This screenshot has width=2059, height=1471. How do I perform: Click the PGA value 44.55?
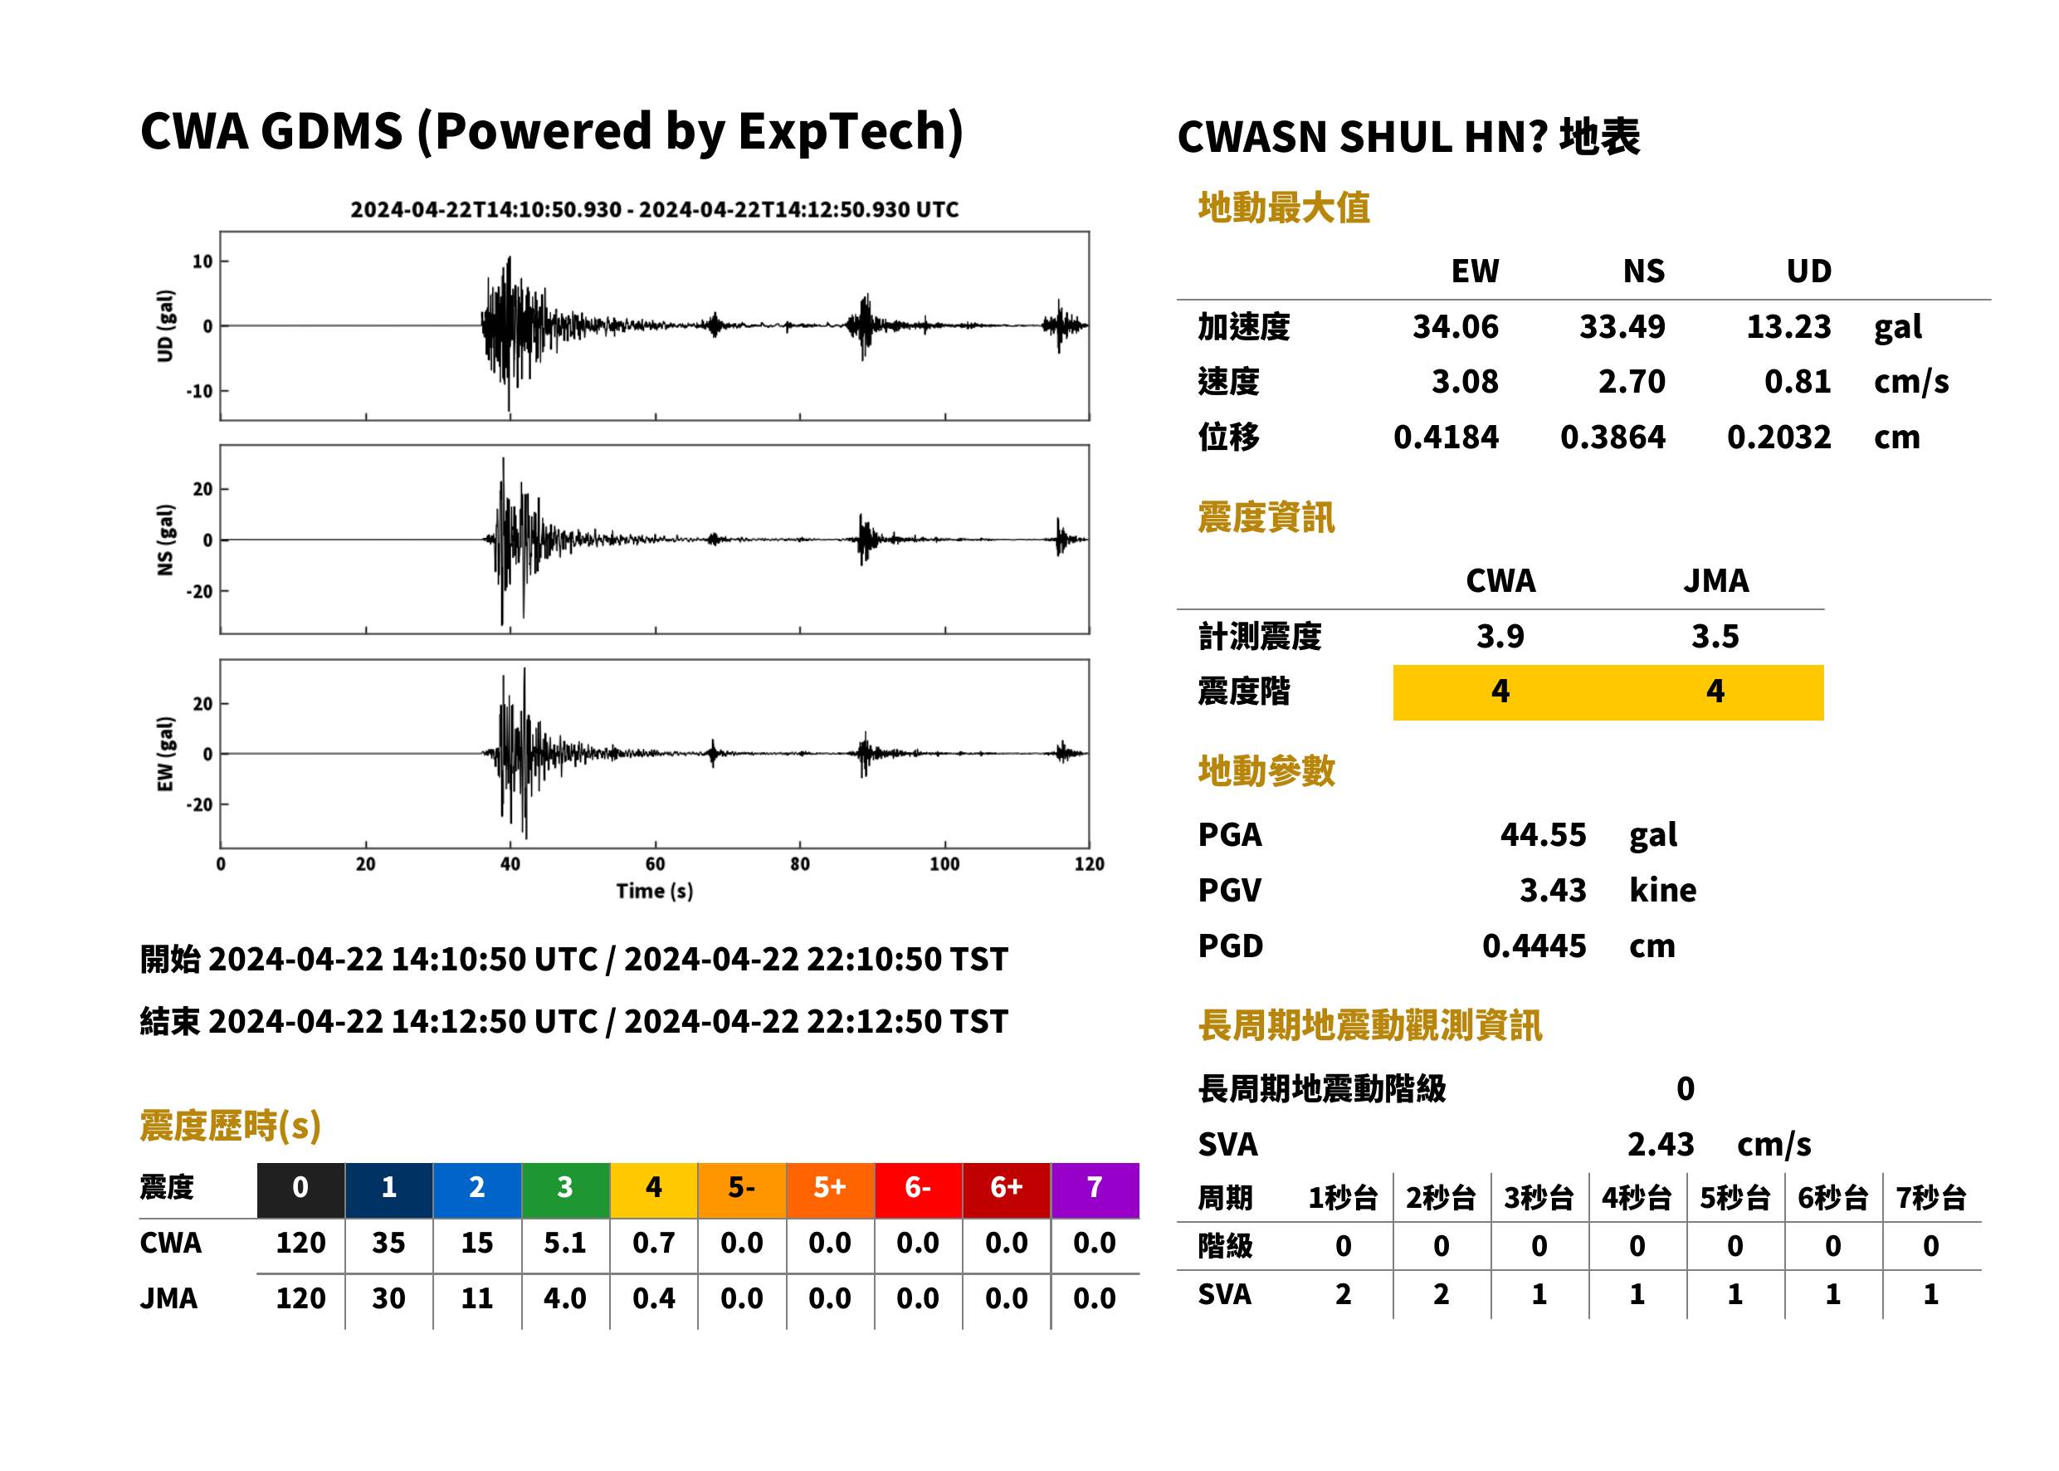point(1543,834)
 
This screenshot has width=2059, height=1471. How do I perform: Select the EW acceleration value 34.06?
point(1455,326)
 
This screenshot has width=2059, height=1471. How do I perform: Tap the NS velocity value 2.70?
point(1631,381)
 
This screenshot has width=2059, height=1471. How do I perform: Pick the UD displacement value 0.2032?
point(1778,437)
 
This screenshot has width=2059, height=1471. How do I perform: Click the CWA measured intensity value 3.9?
point(1500,636)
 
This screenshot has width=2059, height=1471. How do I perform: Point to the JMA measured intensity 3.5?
point(1715,636)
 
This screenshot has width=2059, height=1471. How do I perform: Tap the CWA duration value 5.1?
point(565,1243)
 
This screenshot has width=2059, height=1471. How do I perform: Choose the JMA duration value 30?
point(388,1298)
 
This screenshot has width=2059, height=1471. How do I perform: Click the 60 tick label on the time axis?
point(655,864)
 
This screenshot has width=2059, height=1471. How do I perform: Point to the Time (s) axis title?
point(655,892)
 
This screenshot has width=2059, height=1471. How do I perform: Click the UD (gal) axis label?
point(165,326)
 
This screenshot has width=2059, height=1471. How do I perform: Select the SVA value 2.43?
point(1660,1144)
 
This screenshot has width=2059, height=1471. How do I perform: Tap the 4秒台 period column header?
point(1636,1197)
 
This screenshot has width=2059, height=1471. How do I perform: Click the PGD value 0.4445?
point(1534,946)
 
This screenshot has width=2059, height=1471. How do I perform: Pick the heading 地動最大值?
point(1283,208)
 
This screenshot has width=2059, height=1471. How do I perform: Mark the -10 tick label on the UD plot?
point(199,391)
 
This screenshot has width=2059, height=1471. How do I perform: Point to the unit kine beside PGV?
point(1662,889)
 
